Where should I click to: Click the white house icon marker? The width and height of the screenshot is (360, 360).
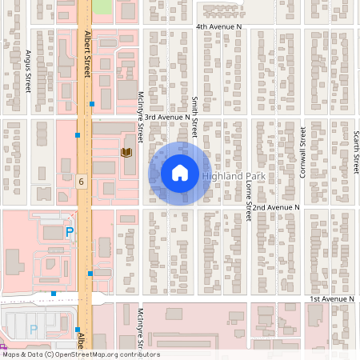click(x=180, y=173)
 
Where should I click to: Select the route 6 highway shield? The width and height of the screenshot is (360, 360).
click(x=82, y=182)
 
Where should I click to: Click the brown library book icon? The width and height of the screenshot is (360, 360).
click(x=126, y=151)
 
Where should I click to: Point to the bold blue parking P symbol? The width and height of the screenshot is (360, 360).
click(x=70, y=232)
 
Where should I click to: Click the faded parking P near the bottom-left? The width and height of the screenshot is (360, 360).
click(x=34, y=329)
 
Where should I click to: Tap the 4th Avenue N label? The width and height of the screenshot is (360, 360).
click(x=218, y=26)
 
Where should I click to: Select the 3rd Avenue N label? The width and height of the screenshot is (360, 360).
click(x=167, y=116)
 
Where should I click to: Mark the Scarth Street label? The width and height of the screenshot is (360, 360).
click(x=356, y=152)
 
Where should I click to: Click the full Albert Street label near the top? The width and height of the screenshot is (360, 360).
click(x=87, y=54)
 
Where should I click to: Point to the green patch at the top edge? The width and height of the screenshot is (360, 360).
click(x=102, y=6)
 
